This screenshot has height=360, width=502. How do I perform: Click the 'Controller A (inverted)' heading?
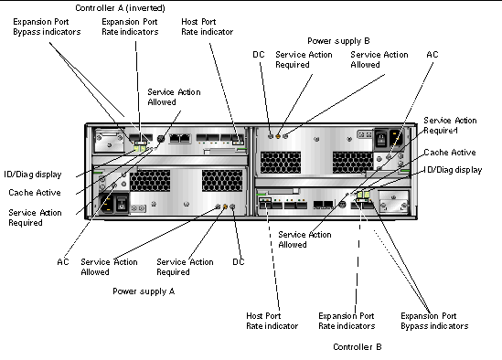click(x=120, y=8)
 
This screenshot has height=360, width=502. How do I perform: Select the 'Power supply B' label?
click(x=338, y=41)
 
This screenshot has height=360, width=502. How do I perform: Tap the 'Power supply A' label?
click(x=144, y=291)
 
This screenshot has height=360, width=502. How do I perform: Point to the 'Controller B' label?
click(x=358, y=347)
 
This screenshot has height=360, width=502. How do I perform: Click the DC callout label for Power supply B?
click(x=259, y=55)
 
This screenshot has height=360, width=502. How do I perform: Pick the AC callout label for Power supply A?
click(x=63, y=261)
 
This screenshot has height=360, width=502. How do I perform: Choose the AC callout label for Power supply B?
click(x=433, y=55)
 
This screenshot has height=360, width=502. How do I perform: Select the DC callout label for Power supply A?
click(x=239, y=261)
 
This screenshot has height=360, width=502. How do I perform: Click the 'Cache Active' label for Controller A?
click(x=35, y=192)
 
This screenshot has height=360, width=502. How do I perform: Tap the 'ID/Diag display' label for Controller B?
click(x=453, y=170)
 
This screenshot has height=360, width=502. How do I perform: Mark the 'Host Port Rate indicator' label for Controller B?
click(x=272, y=321)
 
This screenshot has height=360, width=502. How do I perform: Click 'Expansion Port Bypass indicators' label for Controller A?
click(x=47, y=26)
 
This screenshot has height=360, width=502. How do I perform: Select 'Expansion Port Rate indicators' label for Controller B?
click(x=347, y=321)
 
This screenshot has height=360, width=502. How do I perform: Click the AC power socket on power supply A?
click(x=107, y=204)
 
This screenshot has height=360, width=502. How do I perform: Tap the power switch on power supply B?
click(x=381, y=138)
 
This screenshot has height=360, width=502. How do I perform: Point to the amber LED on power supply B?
click(x=278, y=136)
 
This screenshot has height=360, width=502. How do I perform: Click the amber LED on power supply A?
click(x=225, y=206)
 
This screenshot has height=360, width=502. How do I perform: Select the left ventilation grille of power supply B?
click(x=281, y=163)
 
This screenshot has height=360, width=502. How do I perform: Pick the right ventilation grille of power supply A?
click(x=222, y=181)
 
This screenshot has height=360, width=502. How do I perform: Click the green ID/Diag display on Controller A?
click(x=140, y=149)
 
